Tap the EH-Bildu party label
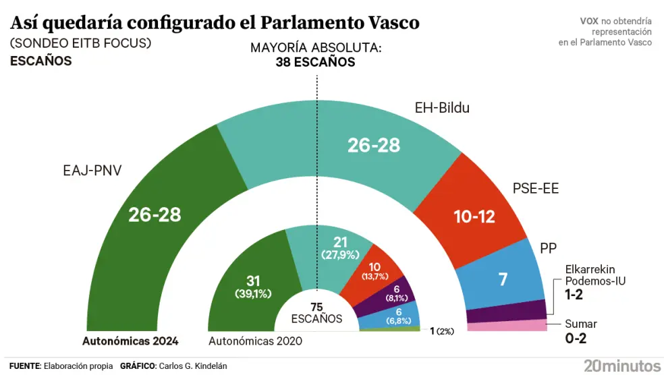coord(441,107)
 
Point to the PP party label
coord(548,248)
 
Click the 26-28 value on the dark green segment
coord(155,214)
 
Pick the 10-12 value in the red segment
coord(474,217)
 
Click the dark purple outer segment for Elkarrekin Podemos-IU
coord(506,314)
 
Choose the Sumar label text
coord(581,324)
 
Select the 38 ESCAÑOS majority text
coord(315,62)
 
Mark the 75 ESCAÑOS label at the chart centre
coord(316,313)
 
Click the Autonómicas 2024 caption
coord(130,341)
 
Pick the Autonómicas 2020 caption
coord(255,341)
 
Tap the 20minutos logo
coord(622,366)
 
